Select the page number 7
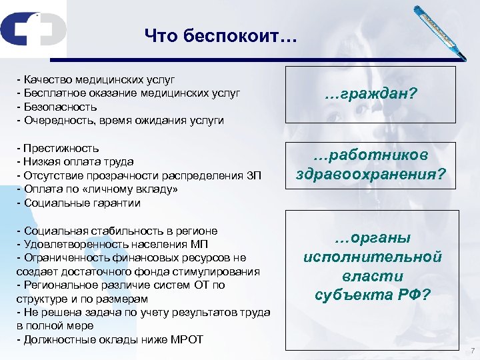pos(471,351)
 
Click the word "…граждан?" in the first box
pos(371,95)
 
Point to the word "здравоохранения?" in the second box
pos(371,176)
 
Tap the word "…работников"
pos(371,155)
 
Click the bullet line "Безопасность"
pos(60,107)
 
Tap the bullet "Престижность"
pos(61,147)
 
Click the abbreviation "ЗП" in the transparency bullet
pos(256,175)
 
